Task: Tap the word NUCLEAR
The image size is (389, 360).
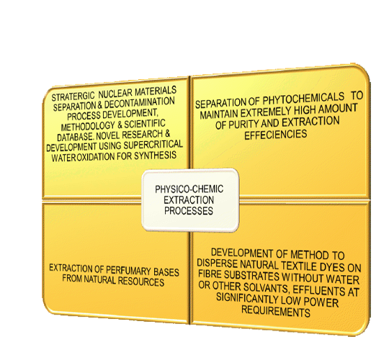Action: tap(115, 94)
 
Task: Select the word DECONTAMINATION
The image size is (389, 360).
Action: tap(139, 103)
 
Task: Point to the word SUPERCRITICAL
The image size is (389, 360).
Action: tap(153, 144)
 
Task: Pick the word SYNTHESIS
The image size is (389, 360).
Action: tap(156, 156)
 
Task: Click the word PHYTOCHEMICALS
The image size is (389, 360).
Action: tap(303, 99)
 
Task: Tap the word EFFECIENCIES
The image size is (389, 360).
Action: tap(276, 135)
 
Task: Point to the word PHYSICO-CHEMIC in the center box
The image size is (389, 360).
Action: tap(189, 189)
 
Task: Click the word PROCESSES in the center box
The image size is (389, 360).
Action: tap(189, 211)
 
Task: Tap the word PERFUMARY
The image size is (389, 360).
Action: tap(128, 270)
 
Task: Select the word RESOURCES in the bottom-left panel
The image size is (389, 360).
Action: tap(141, 282)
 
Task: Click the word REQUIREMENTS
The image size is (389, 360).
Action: tap(276, 311)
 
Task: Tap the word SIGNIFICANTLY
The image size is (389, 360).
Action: tap(247, 298)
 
